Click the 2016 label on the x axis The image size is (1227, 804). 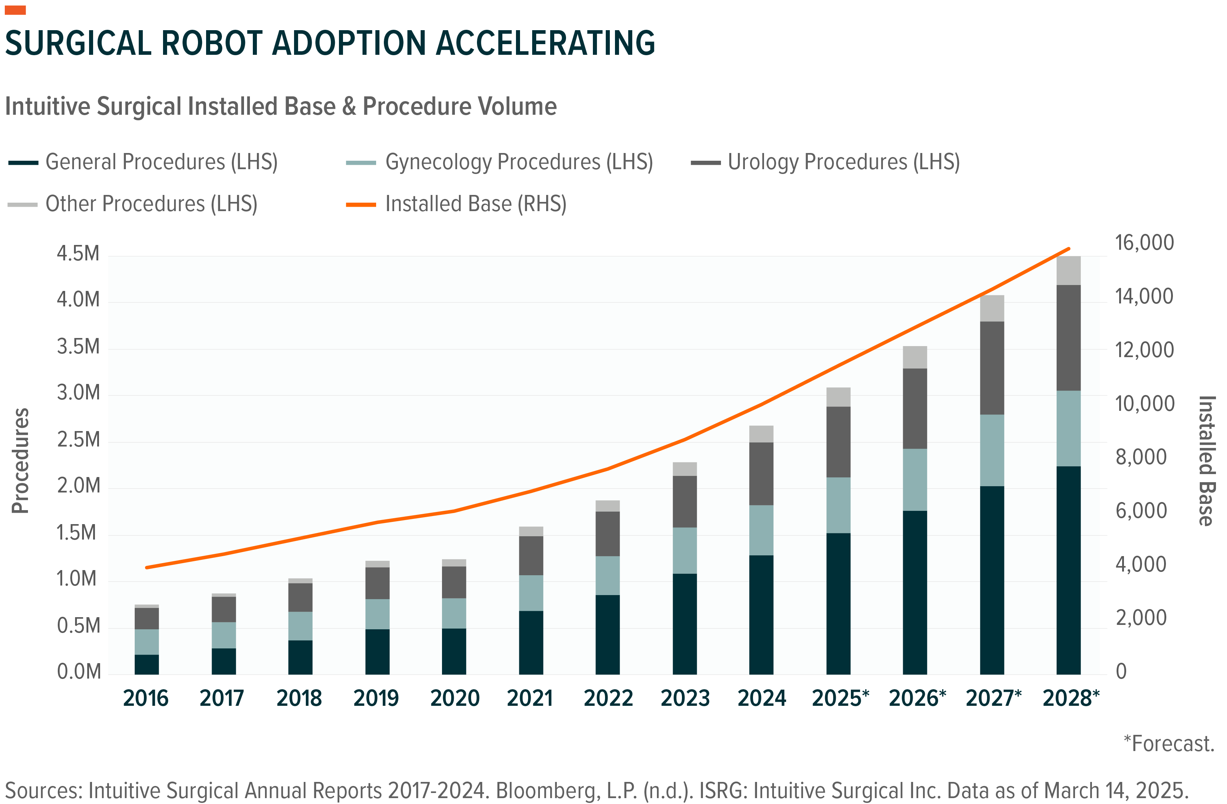[146, 698]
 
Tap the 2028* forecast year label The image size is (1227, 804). [1071, 698]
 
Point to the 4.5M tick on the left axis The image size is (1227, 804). [78, 253]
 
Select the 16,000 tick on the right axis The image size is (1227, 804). [1144, 243]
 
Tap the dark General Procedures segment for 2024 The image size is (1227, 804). [761, 614]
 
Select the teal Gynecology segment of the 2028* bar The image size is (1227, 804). [1068, 428]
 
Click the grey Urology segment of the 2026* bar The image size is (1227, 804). [915, 408]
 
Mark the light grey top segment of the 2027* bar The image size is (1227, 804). [991, 308]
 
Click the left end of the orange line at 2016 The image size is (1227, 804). [147, 568]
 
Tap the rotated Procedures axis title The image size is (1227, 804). [21, 461]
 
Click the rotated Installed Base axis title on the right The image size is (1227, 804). [1206, 461]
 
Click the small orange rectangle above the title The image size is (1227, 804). [15, 10]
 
